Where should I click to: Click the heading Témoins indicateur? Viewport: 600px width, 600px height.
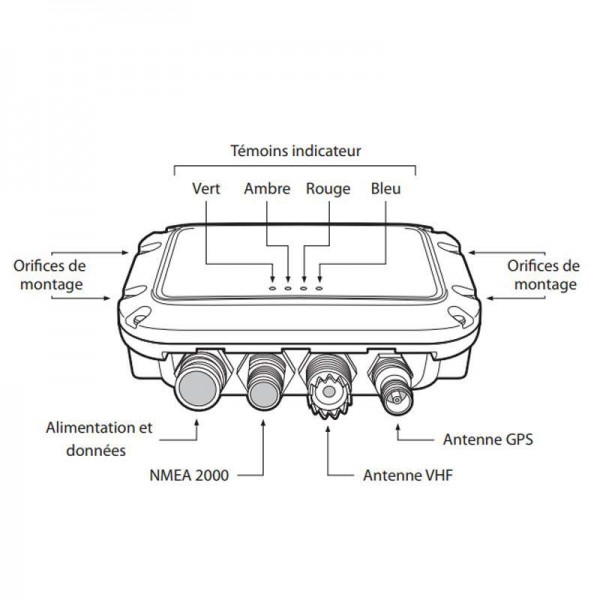pyautogui.click(x=295, y=151)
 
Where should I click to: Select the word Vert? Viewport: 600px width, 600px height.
pyautogui.click(x=206, y=187)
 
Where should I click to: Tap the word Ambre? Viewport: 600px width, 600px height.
pyautogui.click(x=267, y=187)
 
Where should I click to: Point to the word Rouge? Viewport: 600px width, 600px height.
pyautogui.click(x=328, y=187)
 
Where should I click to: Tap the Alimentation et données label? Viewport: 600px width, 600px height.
pyautogui.click(x=99, y=439)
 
